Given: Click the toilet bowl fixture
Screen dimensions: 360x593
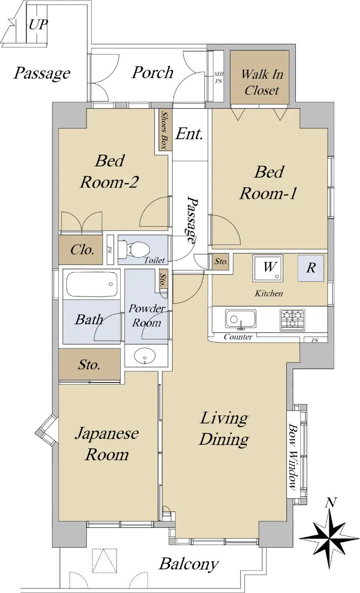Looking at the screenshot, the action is click(134, 250).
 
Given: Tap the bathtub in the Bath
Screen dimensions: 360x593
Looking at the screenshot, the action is click(91, 285).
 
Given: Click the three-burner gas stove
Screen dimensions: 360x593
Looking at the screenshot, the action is click(292, 320).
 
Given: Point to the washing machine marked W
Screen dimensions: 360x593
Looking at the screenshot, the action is click(268, 268).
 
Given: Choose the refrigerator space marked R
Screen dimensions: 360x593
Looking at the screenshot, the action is click(311, 268).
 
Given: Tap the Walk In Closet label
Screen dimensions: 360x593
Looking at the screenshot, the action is click(262, 82).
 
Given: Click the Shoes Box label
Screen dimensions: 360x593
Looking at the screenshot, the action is click(165, 130).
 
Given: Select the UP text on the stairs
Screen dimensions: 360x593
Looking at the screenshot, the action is click(38, 25).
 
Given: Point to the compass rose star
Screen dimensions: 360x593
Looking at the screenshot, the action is click(329, 538).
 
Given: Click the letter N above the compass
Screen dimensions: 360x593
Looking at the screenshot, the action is click(331, 502).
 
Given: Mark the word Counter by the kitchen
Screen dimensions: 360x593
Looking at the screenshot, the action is click(238, 337).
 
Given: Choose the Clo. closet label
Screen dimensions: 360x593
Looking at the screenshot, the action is click(83, 250).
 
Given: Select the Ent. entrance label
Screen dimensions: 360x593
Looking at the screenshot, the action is click(189, 134).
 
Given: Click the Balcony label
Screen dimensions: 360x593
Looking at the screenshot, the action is click(189, 564).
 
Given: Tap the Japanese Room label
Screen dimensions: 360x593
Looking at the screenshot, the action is click(107, 444).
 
